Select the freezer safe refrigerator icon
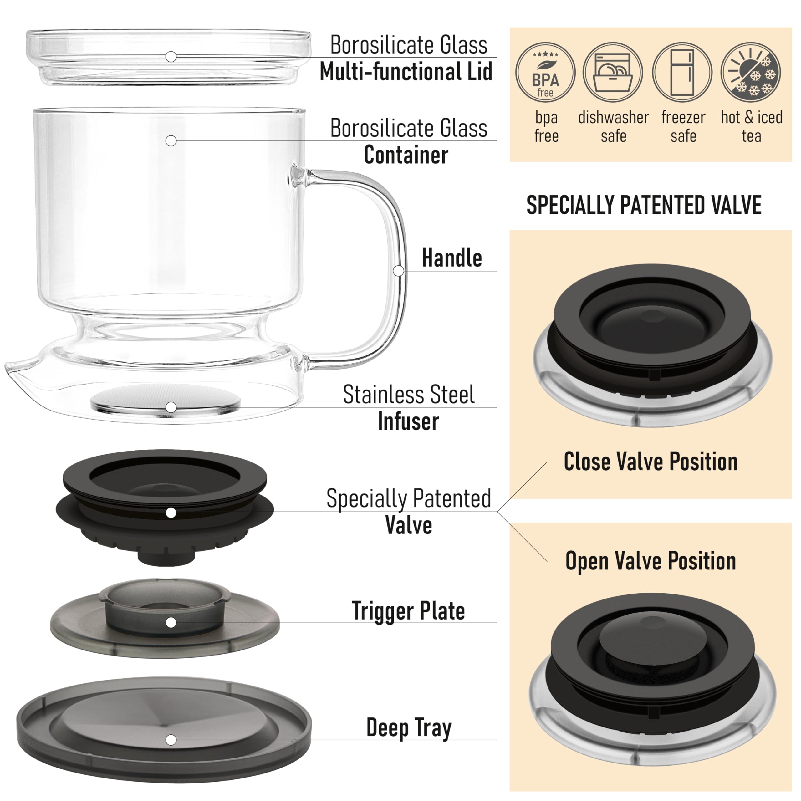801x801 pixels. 682,73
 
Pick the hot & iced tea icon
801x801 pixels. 751,73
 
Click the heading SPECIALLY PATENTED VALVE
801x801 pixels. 644,205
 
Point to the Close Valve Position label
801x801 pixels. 650,462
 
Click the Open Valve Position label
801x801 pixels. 650,561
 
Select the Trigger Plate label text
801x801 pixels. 408,611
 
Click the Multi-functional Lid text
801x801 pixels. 406,72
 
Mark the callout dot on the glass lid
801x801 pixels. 171,57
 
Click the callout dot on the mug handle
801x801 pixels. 398,271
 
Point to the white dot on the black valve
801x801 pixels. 171,513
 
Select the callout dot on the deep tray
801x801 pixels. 171,740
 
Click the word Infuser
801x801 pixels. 408,422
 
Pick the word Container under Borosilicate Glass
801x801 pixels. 406,155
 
